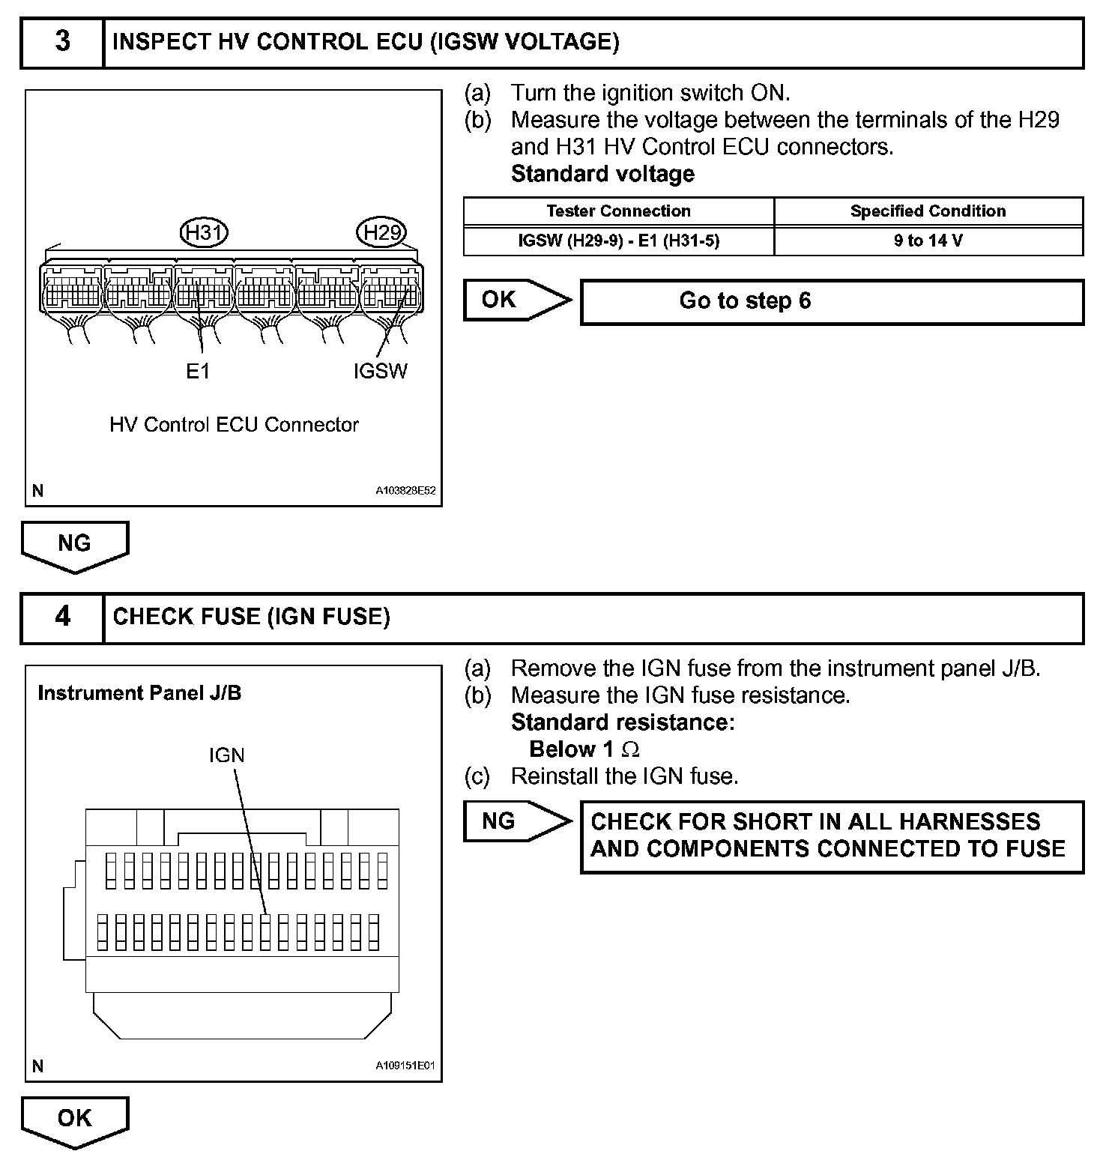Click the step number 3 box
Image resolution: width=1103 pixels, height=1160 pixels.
(x=62, y=43)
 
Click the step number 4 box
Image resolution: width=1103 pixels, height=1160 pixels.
(x=62, y=617)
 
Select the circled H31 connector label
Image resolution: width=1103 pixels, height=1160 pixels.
(x=204, y=233)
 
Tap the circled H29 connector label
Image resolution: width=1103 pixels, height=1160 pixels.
(x=382, y=233)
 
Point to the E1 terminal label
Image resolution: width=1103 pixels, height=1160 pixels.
(x=198, y=371)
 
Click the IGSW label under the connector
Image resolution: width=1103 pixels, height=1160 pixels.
(x=380, y=371)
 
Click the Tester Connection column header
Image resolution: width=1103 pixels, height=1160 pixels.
(x=618, y=211)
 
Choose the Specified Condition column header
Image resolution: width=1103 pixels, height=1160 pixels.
(x=928, y=211)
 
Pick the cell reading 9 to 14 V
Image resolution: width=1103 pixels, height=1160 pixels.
(x=928, y=241)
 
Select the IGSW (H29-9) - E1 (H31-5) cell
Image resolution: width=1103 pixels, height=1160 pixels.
(x=618, y=241)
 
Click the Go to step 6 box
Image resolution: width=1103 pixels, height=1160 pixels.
(x=832, y=301)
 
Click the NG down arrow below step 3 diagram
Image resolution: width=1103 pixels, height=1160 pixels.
(x=75, y=545)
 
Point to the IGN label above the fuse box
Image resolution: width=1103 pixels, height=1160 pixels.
(x=226, y=755)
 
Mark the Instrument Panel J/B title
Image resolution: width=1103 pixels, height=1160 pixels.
(x=139, y=693)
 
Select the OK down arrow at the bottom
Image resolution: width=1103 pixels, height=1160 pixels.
(x=75, y=1120)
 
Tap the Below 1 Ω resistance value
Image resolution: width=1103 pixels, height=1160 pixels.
(x=584, y=749)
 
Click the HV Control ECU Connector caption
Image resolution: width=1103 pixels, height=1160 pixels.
(x=234, y=425)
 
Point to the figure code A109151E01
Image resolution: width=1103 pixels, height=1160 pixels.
(x=405, y=1066)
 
